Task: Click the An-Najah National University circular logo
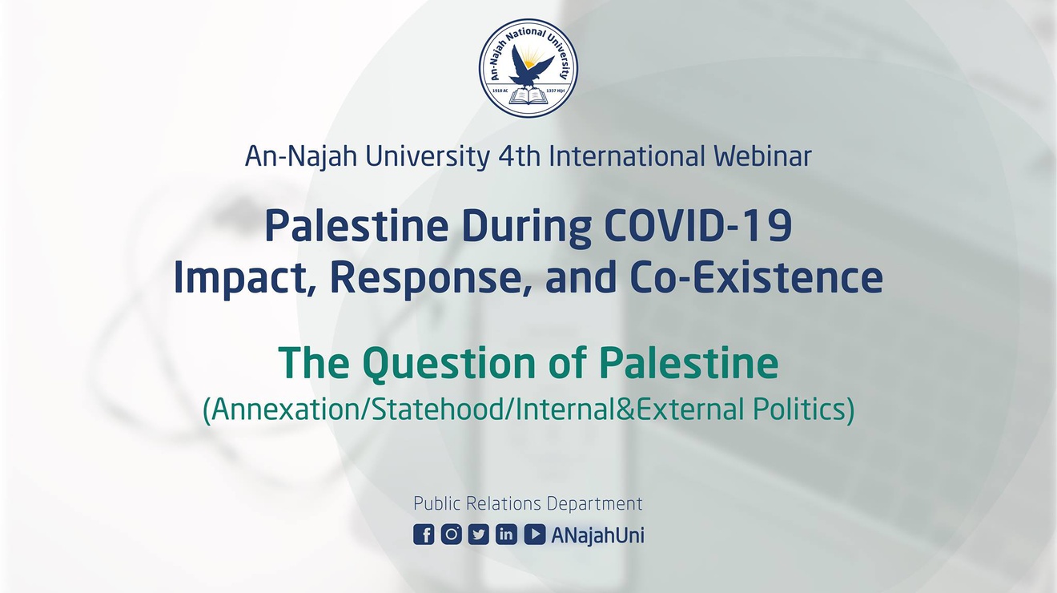[x=528, y=68]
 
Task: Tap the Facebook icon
[x=424, y=535]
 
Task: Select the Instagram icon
[x=451, y=535]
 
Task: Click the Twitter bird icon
[x=479, y=535]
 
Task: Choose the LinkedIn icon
[x=506, y=535]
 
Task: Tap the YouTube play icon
[x=534, y=535]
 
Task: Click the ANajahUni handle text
[x=597, y=536]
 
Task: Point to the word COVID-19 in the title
[x=698, y=227]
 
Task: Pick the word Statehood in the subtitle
[x=438, y=409]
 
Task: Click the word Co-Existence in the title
[x=756, y=277]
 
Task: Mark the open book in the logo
[x=528, y=97]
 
